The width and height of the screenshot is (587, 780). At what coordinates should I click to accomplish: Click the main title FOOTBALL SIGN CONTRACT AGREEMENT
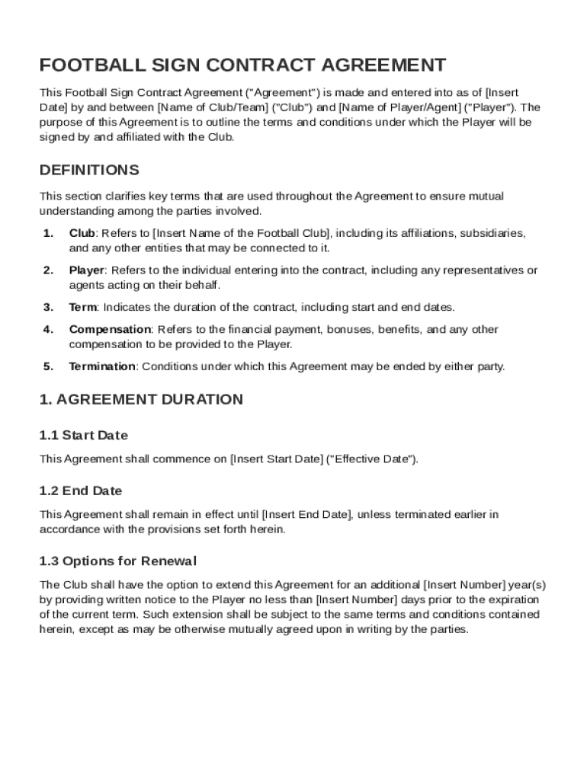(x=242, y=66)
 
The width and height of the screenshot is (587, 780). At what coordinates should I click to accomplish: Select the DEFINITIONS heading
(x=89, y=170)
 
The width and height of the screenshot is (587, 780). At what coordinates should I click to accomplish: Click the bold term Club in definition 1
(x=82, y=233)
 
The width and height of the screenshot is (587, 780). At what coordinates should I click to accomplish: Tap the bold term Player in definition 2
(x=86, y=270)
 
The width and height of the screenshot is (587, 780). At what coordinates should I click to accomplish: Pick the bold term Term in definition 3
(x=82, y=308)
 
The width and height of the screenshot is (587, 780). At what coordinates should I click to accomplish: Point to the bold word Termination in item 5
(x=102, y=366)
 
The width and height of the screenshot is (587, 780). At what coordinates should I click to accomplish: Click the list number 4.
(x=48, y=330)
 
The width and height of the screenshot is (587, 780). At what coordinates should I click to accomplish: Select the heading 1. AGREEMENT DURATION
(x=141, y=400)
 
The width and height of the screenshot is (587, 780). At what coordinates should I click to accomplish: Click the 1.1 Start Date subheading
(x=84, y=436)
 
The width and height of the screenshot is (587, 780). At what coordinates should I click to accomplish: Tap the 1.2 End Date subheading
(x=81, y=491)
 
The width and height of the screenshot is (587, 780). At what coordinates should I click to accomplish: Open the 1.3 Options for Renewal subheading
(x=118, y=561)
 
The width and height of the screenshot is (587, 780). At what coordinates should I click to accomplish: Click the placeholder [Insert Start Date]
(x=276, y=459)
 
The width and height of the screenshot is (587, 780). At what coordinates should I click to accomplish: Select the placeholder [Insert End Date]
(x=306, y=514)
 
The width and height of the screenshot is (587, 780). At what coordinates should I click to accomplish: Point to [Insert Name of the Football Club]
(x=241, y=233)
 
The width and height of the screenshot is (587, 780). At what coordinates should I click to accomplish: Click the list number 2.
(x=48, y=270)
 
